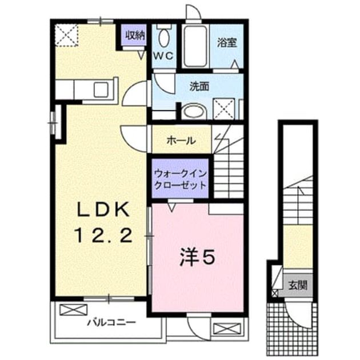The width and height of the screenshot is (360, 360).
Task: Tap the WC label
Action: (x=163, y=56)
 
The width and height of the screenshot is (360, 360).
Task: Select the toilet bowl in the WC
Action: (x=163, y=38)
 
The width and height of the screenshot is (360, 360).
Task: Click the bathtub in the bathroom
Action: (x=195, y=46)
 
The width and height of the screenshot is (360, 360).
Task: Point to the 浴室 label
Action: (x=227, y=43)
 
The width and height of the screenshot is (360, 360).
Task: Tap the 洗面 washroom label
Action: (x=199, y=86)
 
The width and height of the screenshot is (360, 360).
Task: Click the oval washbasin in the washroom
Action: (x=194, y=112)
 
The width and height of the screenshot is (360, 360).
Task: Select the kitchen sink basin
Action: (x=101, y=90)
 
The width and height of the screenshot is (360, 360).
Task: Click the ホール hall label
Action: (x=181, y=140)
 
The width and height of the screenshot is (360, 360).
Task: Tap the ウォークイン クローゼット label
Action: (x=181, y=179)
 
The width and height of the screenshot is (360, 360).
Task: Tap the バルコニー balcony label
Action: (x=111, y=323)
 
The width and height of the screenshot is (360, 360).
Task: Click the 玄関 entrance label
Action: (x=298, y=285)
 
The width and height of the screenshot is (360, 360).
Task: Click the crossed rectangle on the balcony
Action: (x=74, y=310)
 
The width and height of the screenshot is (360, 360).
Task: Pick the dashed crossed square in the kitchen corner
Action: (x=67, y=35)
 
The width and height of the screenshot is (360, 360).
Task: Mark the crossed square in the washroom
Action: (x=224, y=109)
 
